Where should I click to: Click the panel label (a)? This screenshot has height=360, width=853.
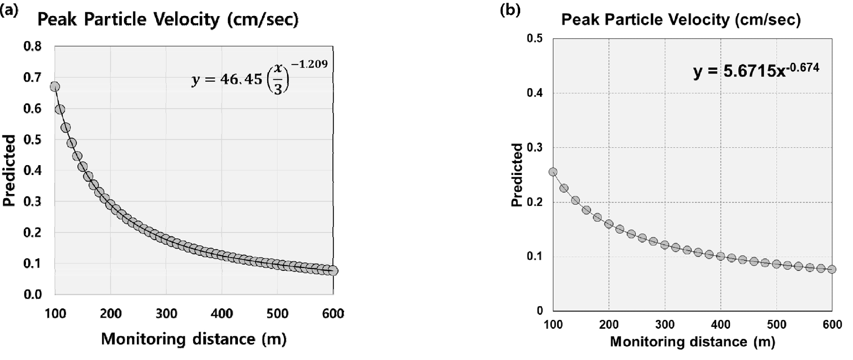[9, 11]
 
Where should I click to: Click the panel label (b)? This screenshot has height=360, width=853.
[510, 10]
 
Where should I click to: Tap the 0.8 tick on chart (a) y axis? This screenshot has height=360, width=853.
[32, 46]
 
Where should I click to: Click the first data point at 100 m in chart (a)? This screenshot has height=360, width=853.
[55, 86]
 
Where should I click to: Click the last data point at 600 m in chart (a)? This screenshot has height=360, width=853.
[333, 270]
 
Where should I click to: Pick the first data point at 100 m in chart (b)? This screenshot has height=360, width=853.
[553, 172]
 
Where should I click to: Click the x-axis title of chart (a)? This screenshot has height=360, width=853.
[194, 339]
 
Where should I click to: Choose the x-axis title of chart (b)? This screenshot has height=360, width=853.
[693, 342]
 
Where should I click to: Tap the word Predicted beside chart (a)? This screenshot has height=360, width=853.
[9, 170]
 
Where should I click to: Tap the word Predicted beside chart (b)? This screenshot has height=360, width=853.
[518, 175]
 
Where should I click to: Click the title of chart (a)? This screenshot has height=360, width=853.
[168, 20]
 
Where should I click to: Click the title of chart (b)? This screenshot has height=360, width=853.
[681, 20]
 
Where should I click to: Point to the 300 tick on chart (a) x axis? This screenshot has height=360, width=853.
[166, 314]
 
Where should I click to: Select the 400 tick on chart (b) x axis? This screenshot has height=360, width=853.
[721, 325]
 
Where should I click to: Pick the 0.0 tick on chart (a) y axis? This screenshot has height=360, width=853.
[32, 294]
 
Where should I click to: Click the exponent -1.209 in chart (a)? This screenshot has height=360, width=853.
[309, 64]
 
